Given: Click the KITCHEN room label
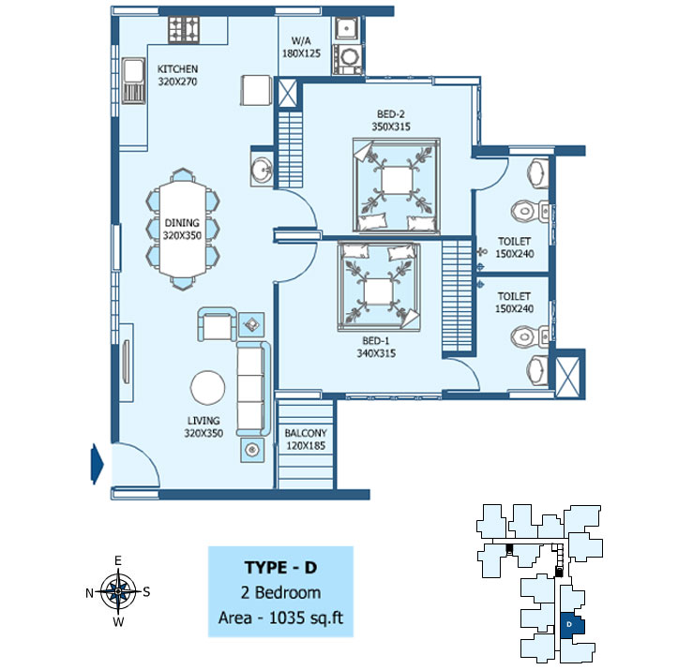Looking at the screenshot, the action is click(x=177, y=69).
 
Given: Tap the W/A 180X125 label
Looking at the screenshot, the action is click(x=301, y=47).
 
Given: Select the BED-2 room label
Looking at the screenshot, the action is click(x=391, y=114).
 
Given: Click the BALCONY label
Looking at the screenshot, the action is click(x=306, y=433).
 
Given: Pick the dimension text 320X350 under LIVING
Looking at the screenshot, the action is click(x=203, y=433).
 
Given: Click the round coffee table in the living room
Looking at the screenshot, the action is click(x=207, y=388).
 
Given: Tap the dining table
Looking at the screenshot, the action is click(x=183, y=229).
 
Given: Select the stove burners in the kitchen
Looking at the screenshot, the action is click(x=184, y=30).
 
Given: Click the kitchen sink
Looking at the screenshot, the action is click(x=133, y=81).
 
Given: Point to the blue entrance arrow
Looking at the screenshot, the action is click(x=97, y=464).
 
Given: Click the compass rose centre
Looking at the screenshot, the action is click(x=118, y=591).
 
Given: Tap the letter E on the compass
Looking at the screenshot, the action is click(x=117, y=560).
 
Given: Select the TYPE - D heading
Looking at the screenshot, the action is click(x=280, y=568).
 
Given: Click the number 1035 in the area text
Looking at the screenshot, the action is click(x=287, y=618).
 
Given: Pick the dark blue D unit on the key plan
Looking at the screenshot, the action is click(x=572, y=625).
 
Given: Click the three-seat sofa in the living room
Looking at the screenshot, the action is click(x=253, y=388).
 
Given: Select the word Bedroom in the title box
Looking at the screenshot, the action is click(x=288, y=592).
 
